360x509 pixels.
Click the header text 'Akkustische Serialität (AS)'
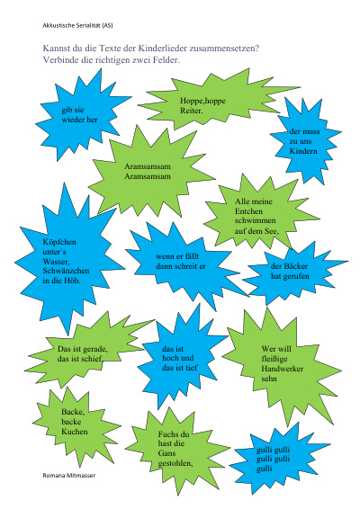pos(77,25)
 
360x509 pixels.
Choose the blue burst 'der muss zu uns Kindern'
pos(305,141)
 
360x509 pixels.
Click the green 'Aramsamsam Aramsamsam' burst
pos(148,172)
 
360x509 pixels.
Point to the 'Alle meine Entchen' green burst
pos(256,215)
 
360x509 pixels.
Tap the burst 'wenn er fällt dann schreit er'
pos(182,262)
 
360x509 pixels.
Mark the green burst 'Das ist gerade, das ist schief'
pos(83,353)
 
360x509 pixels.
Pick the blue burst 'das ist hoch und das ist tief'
pos(179,359)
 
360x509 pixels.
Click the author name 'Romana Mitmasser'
pos(69,475)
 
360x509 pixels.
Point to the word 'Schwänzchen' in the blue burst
pos(66,271)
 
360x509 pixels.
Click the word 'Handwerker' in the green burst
pos(283,369)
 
